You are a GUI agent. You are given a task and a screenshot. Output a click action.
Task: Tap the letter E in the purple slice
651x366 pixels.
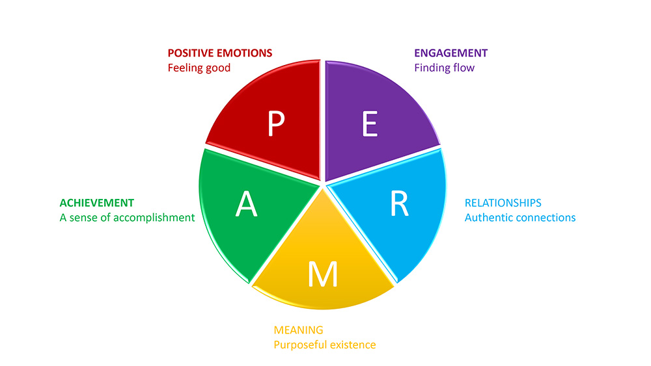[x=370, y=124]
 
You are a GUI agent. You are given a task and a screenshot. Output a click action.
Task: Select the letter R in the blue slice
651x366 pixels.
[x=399, y=203]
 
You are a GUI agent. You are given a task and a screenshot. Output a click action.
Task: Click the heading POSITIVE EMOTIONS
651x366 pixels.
[x=219, y=53]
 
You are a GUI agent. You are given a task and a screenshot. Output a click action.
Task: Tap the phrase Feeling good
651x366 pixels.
[x=199, y=68]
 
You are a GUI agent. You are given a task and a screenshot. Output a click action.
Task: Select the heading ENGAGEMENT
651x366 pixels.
[x=450, y=53]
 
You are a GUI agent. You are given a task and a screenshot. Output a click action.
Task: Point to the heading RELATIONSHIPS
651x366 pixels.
[x=503, y=203]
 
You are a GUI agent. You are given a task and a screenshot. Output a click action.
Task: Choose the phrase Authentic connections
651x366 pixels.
[x=519, y=218]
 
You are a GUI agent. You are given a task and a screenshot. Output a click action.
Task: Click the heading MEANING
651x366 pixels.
[x=298, y=330]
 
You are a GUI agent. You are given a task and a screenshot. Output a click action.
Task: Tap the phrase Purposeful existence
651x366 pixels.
[x=324, y=345]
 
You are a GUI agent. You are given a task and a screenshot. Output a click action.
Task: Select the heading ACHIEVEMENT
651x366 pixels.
[x=96, y=203]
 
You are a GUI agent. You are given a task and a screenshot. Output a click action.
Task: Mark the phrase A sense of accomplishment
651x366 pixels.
[x=127, y=218]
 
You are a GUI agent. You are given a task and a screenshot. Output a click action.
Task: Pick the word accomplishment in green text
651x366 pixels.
[x=154, y=218]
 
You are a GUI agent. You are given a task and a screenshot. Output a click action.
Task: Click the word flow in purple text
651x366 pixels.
[x=464, y=68]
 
